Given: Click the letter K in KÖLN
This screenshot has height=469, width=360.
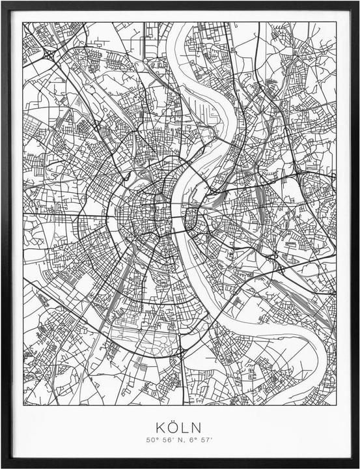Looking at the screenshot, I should point(161,427).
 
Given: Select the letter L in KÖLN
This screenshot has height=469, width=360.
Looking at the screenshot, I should point(186,427).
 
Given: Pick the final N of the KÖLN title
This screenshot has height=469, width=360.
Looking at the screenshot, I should point(197,427).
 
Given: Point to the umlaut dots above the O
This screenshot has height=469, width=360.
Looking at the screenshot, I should point(173,420).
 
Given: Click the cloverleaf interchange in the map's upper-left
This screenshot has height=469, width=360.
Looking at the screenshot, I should point(50,57).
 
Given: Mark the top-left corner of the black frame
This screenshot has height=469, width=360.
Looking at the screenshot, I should point(2,2).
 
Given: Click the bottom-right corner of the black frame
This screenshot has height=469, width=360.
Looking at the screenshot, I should point(358,467).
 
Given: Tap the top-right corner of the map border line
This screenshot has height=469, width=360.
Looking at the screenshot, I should point(337,22).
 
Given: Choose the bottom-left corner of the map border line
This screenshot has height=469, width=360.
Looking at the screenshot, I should point(23,405).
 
